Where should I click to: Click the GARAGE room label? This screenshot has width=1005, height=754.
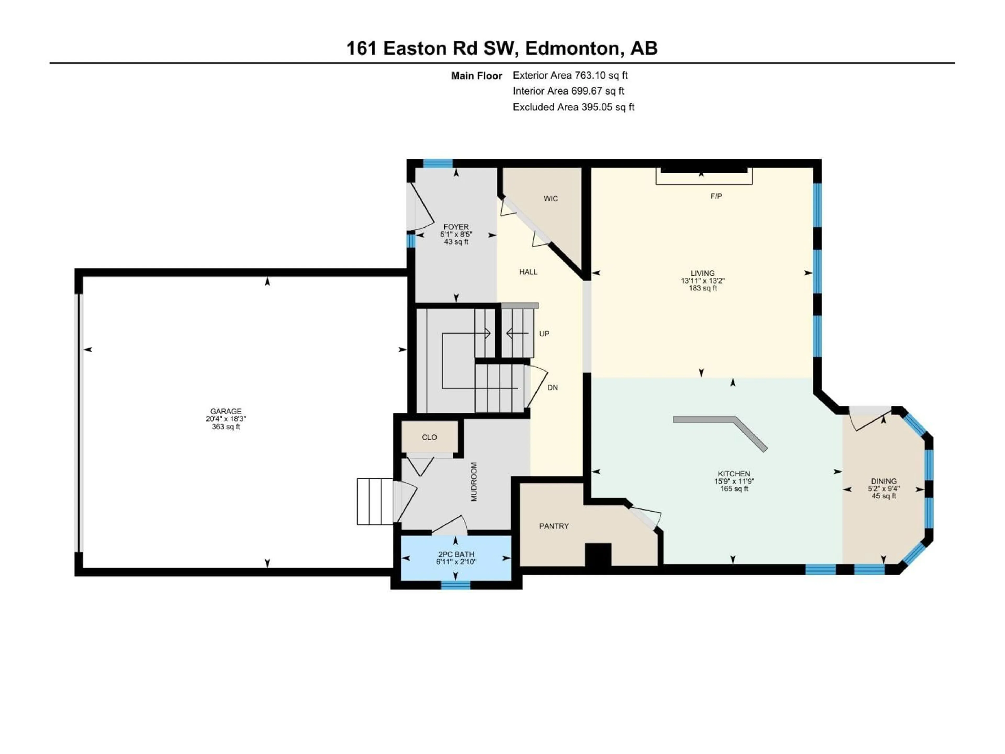(x=226, y=411)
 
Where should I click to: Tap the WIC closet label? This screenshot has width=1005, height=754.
(x=551, y=199)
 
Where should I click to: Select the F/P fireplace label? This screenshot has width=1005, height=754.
(x=716, y=196)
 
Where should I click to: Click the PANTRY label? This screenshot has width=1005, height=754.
(x=554, y=526)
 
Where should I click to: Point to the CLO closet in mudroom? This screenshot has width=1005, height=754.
(x=429, y=437)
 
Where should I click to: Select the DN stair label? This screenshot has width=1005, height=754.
(x=552, y=388)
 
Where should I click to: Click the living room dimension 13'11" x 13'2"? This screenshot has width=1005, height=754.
(x=702, y=281)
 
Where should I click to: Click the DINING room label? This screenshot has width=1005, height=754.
(x=884, y=481)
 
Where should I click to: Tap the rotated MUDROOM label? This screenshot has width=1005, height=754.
(x=474, y=482)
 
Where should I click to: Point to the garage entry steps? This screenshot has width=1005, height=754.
(x=375, y=501)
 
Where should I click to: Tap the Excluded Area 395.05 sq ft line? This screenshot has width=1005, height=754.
(x=573, y=107)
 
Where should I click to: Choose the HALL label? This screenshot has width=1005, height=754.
(x=528, y=272)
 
